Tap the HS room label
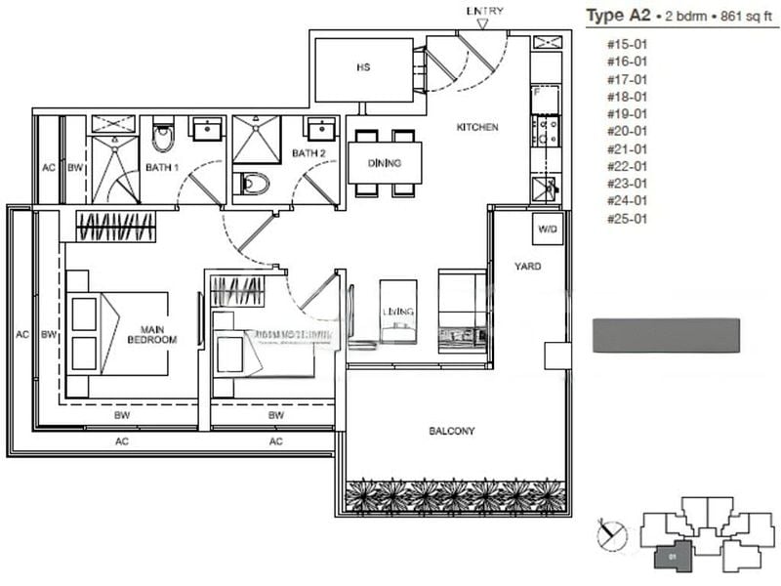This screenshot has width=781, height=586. point(362,69)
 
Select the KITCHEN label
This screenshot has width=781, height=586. point(477,128)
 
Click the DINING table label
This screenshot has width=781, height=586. point(386,163)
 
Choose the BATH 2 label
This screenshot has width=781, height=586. point(308,153)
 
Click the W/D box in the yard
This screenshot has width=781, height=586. point(544,230)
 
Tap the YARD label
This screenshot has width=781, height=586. point(527,266)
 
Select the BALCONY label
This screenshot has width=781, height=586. point(451,431)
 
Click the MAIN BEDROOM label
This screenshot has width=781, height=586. point(151,334)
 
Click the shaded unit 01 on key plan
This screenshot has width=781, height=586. point(674,556)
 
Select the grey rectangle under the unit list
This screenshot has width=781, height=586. point(666,334)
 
